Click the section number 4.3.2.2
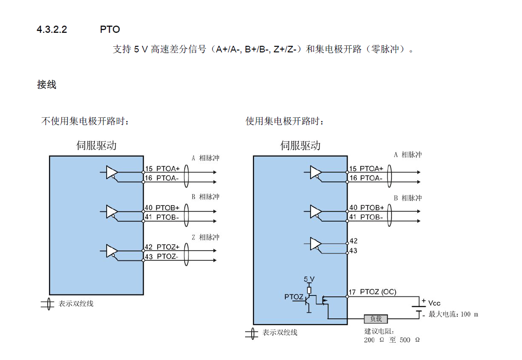[52, 29]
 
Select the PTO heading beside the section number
[110, 29]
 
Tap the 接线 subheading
[47, 85]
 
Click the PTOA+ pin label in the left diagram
[168, 169]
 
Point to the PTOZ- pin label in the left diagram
[167, 256]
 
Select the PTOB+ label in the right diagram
[372, 208]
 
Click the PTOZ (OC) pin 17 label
[378, 292]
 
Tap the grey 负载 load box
[376, 319]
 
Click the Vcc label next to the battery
[434, 303]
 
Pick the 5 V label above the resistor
[309, 279]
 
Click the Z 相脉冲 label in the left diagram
[205, 238]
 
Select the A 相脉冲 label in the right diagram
[408, 155]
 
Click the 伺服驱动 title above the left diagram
[96, 145]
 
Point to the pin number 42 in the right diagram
[354, 241]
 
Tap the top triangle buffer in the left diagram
[111, 173]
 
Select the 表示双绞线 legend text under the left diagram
[76, 303]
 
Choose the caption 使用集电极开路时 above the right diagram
[284, 122]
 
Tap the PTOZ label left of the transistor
[294, 297]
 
